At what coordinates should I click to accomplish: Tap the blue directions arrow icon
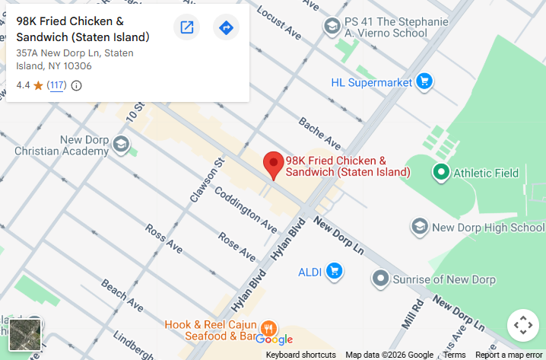226,28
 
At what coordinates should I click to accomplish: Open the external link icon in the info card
186,28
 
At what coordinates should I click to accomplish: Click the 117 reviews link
56,85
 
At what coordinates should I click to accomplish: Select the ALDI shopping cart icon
333,271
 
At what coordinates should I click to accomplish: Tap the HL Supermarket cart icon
424,81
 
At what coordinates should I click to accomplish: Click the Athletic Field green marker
440,173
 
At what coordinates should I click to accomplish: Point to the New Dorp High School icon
419,227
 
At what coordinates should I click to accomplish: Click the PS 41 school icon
332,27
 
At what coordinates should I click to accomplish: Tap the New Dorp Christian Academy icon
121,145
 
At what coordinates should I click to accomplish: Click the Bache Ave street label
319,132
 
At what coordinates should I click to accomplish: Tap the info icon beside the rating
77,85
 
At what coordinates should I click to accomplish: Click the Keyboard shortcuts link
300,355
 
